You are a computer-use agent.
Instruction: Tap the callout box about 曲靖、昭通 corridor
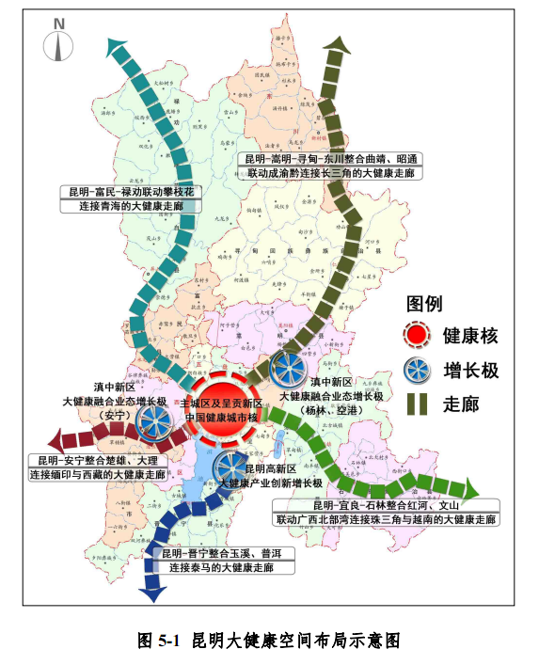pyautogui.click(x=329, y=166)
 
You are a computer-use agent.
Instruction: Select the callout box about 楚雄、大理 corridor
pyautogui.click(x=97, y=467)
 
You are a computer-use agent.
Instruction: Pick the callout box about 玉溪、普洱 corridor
pyautogui.click(x=226, y=562)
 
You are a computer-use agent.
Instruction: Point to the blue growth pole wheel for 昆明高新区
pyautogui.click(x=230, y=467)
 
